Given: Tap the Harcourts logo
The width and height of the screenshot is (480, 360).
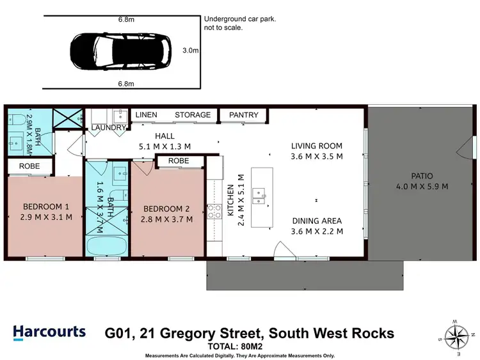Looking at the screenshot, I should (x=49, y=332).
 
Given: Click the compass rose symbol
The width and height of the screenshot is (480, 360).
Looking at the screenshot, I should (x=457, y=335).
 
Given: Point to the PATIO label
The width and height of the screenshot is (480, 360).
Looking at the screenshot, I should (x=422, y=176).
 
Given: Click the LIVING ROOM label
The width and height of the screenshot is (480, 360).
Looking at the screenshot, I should (x=317, y=146).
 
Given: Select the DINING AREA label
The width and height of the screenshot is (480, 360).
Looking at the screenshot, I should (x=317, y=221).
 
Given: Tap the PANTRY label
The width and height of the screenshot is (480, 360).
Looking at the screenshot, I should (x=244, y=115).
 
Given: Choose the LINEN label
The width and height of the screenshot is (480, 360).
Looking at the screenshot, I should (x=147, y=115).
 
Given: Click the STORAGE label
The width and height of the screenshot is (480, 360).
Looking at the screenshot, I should (x=193, y=115).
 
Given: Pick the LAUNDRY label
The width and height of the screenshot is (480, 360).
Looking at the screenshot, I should (x=108, y=128).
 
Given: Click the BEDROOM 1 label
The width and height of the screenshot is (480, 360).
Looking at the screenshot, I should (x=45, y=207).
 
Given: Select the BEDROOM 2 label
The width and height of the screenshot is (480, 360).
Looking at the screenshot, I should (x=166, y=209).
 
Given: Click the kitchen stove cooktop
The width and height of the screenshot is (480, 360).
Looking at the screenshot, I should (x=213, y=212).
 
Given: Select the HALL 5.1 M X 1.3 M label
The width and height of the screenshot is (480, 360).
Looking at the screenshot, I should (x=165, y=141).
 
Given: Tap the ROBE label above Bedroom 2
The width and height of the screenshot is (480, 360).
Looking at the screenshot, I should (x=179, y=161).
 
